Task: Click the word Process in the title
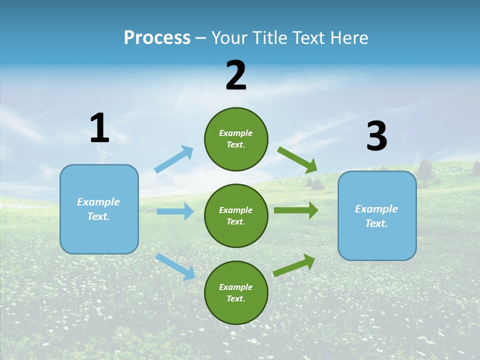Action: coord(157,37)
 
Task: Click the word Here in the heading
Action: coord(347,37)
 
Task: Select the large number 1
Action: coord(99,128)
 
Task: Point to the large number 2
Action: coord(236,76)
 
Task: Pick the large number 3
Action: coord(376,136)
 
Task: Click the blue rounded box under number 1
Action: coord(99,209)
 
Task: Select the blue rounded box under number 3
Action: coord(377,216)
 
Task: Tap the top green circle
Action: coord(236,139)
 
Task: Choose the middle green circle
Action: coord(236,215)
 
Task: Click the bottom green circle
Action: coord(236,292)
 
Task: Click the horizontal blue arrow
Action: coord(175,211)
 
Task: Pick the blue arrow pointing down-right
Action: coord(175,266)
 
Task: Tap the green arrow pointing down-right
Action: coord(297,160)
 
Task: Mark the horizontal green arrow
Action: coord(295,210)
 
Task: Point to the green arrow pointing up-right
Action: coord(294,265)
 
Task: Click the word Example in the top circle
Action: coord(235,133)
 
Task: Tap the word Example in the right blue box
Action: coord(376,209)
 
